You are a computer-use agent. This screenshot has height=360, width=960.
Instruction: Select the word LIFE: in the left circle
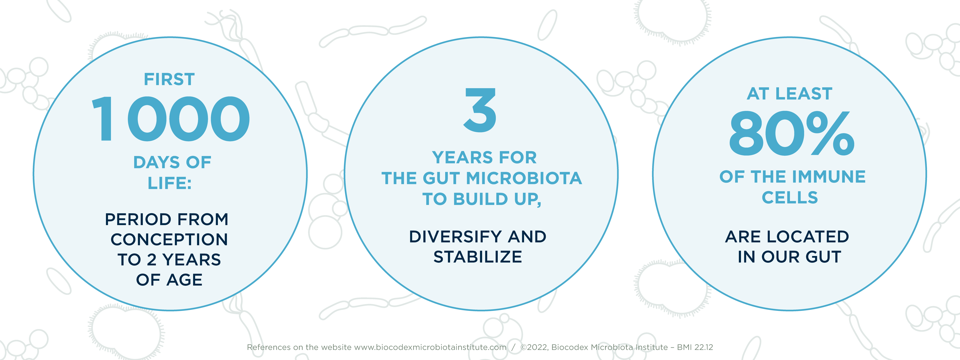170,183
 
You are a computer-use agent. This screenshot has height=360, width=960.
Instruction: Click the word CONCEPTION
169,239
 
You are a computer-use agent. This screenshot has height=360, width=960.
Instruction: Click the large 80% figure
791,133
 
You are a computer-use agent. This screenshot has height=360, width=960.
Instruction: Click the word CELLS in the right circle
790,197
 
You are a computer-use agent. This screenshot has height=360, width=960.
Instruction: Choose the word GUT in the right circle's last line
823,257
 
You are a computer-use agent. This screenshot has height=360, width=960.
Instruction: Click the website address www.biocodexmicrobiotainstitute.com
430,347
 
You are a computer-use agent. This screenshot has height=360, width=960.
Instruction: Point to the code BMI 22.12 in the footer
695,347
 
